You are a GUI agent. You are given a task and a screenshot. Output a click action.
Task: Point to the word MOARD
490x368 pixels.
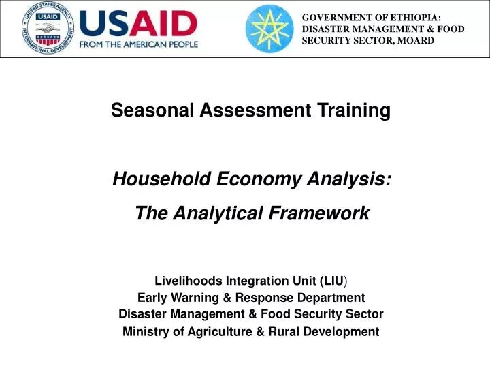point(413,40)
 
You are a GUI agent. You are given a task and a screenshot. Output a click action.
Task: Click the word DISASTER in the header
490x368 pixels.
point(326,29)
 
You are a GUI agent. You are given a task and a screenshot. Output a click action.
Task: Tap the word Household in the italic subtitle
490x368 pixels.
point(162,179)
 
